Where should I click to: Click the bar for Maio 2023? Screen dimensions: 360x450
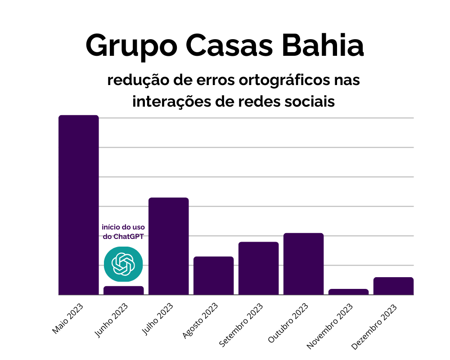click(79, 205)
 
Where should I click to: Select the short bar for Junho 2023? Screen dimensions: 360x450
click(124, 291)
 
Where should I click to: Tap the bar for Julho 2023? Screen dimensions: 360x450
click(169, 246)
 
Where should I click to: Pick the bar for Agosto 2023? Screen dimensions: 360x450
click(214, 275)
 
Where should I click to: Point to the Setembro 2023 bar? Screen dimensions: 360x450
click(259, 268)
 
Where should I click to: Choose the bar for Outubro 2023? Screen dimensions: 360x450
click(304, 264)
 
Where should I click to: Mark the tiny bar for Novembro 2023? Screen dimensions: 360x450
click(349, 292)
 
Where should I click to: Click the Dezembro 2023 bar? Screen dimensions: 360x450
click(394, 286)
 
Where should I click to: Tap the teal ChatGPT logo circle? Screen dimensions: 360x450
click(123, 264)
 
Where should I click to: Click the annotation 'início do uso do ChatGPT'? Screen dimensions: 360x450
click(123, 231)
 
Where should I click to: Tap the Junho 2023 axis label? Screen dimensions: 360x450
click(111, 320)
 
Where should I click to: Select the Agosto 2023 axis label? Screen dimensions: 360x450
click(200, 320)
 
